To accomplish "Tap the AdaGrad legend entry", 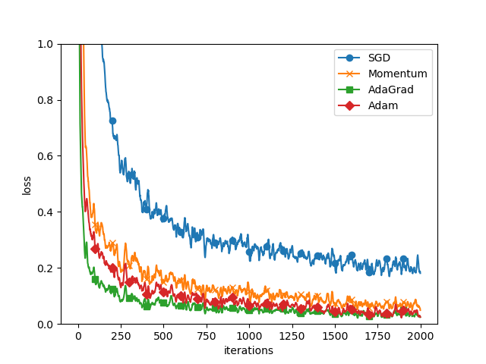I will click(383, 89).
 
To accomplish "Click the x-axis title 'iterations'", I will click(248, 350).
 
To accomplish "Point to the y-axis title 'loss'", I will click(27, 184).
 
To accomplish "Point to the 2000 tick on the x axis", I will click(421, 336).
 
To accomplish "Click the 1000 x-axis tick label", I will click(249, 336).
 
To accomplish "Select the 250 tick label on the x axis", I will click(121, 336).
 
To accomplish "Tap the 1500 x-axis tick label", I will click(335, 336).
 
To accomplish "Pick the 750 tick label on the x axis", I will click(207, 336).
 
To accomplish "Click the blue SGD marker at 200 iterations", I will click(112, 121).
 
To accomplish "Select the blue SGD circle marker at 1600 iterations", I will click(352, 256).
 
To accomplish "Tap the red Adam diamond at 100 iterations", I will click(95, 249).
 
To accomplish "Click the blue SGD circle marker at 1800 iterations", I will click(387, 259).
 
